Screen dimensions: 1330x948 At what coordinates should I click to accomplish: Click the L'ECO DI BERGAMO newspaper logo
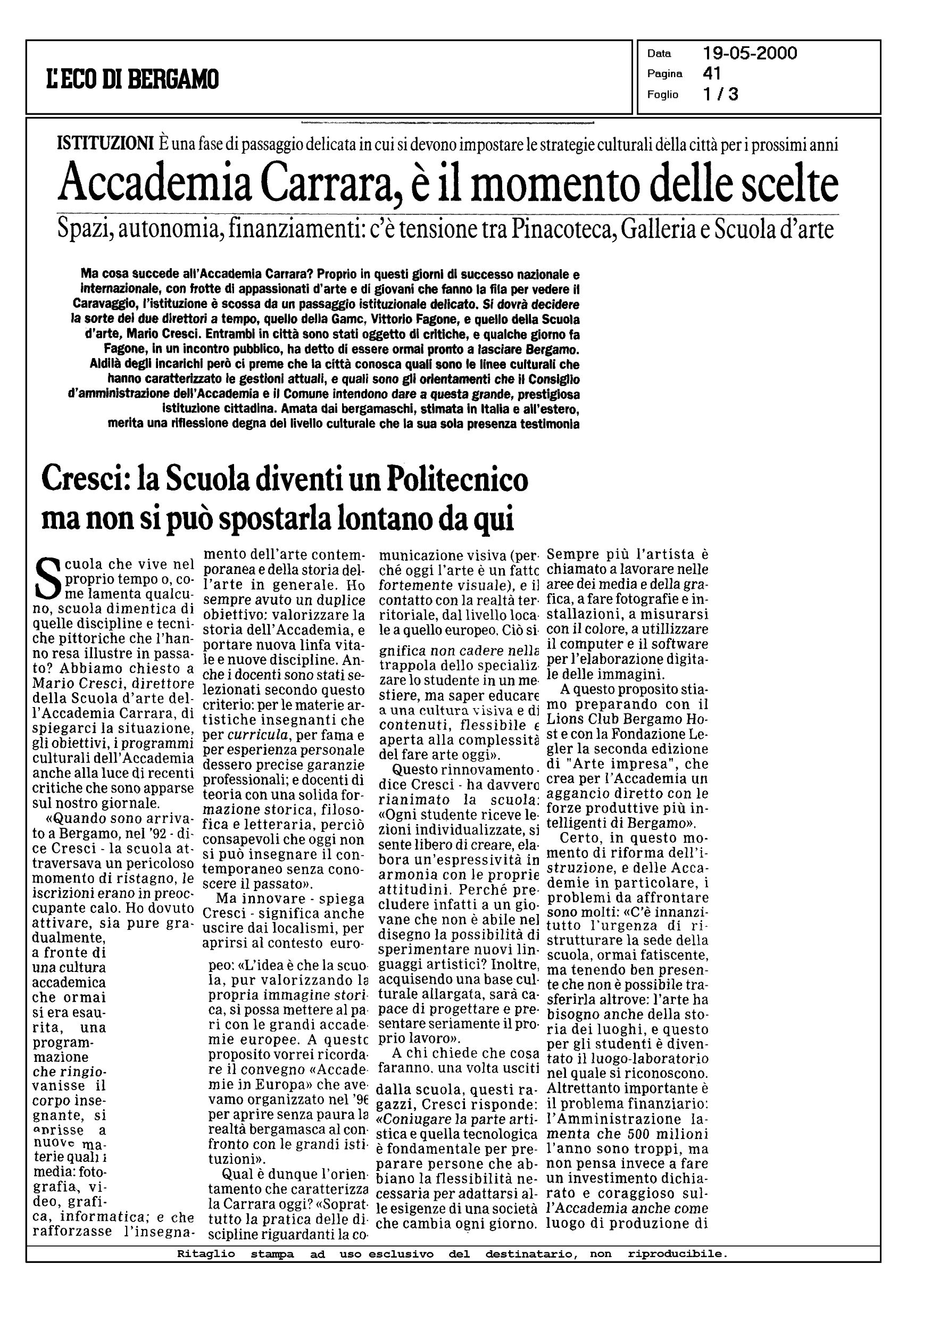(132, 79)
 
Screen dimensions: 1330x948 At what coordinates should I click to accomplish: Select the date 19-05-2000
(750, 54)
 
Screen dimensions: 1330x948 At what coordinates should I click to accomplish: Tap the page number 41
(712, 73)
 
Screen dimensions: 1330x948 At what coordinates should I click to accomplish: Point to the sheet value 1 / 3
(720, 94)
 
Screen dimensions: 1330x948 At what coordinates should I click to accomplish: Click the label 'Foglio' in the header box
(662, 95)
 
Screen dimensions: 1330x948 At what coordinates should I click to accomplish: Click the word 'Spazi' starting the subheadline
(84, 230)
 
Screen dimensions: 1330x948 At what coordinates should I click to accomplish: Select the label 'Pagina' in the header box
(664, 74)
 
